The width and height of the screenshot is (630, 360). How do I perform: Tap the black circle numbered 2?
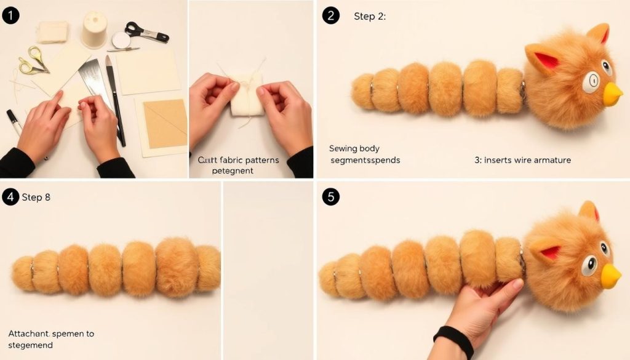[330, 16]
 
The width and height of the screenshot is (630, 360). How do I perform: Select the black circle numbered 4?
[10, 197]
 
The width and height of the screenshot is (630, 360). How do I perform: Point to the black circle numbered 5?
[330, 197]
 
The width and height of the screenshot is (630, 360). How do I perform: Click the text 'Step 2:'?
[370, 17]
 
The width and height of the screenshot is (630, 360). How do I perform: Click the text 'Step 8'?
[36, 198]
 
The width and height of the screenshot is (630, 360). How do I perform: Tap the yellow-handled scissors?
[32, 60]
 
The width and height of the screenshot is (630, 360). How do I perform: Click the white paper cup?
[95, 29]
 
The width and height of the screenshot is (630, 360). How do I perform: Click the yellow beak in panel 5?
[610, 277]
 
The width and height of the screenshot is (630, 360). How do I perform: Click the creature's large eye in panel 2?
[592, 80]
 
